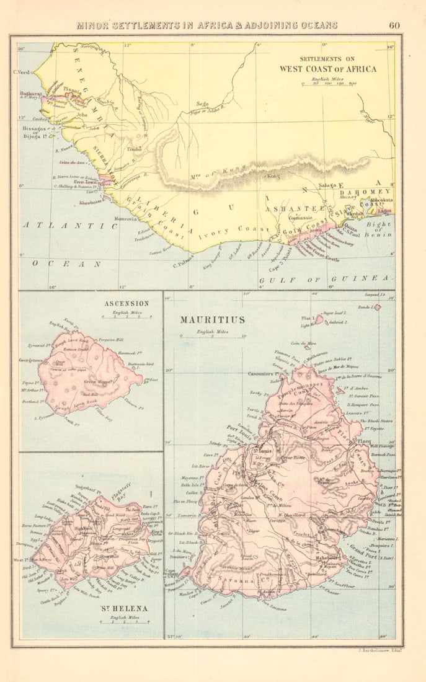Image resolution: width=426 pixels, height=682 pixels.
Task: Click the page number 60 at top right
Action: (394, 25)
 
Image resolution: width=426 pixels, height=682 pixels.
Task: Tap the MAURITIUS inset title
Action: (212, 320)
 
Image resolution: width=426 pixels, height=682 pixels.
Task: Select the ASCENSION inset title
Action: (127, 303)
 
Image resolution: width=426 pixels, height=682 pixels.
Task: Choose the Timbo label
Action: (134, 149)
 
